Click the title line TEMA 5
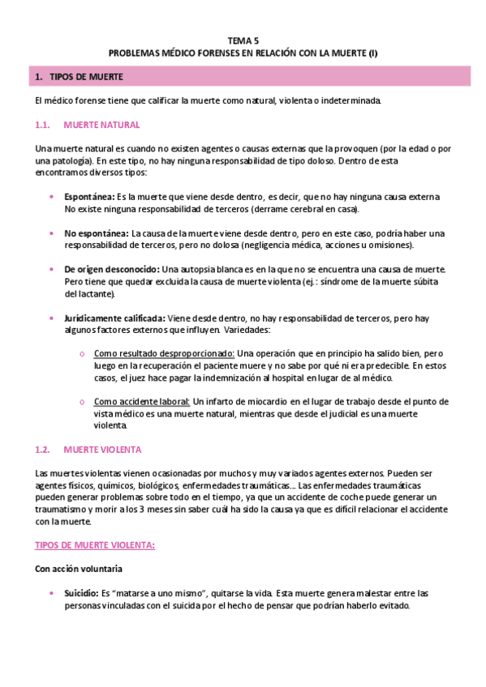click(243, 40)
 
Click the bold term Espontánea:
click(90, 197)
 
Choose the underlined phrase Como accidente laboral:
click(143, 401)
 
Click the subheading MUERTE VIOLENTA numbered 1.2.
click(102, 448)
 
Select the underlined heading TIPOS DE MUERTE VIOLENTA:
click(96, 545)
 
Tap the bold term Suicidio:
click(81, 594)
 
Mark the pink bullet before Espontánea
click(53, 197)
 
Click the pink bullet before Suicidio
click(53, 594)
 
